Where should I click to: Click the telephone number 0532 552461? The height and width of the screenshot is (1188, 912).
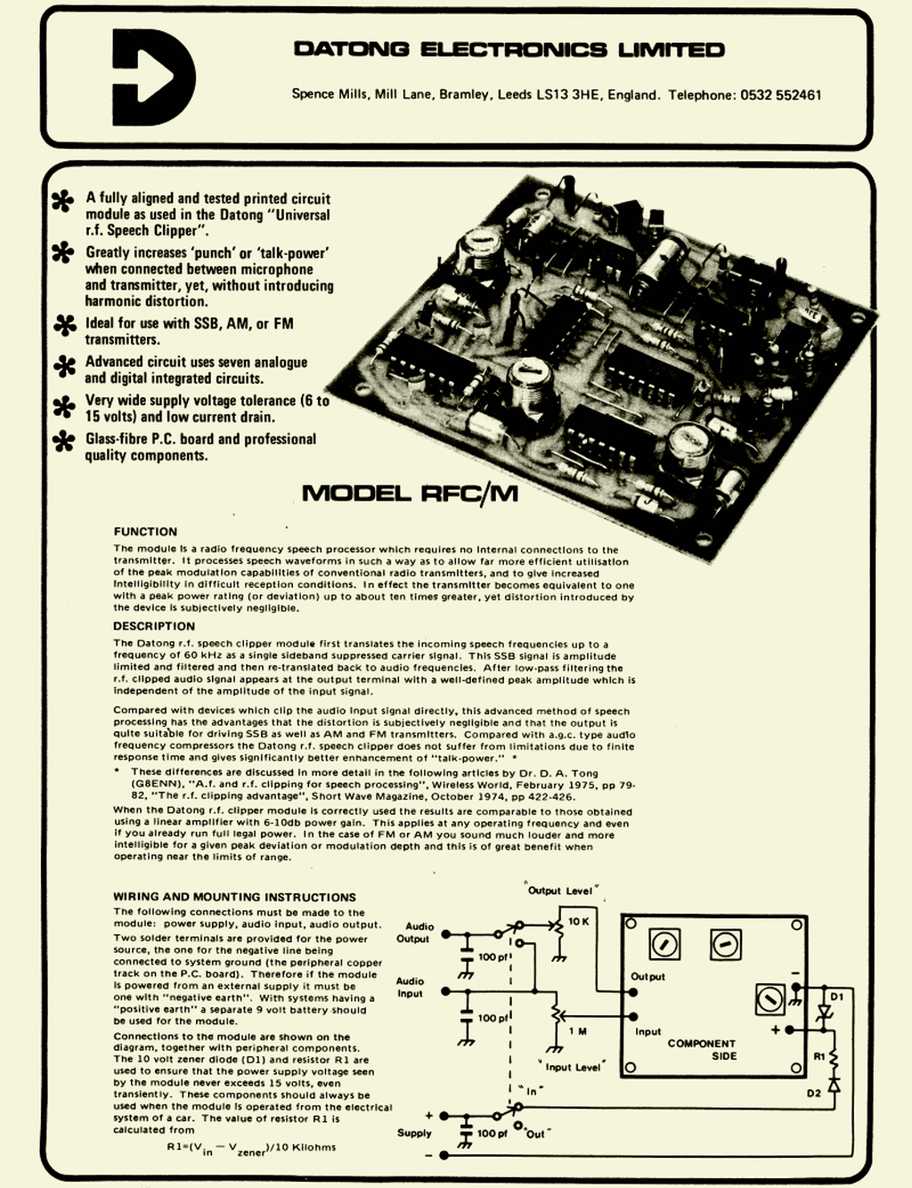[780, 94]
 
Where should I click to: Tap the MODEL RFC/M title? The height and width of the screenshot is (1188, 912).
[410, 492]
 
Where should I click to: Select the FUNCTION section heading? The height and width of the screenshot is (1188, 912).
[145, 532]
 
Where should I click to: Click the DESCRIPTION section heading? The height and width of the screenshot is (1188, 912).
[154, 626]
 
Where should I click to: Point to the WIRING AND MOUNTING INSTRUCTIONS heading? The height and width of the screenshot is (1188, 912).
[234, 897]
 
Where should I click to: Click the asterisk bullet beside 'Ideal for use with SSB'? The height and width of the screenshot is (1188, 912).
[65, 325]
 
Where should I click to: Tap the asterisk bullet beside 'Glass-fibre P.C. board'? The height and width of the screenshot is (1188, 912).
[64, 441]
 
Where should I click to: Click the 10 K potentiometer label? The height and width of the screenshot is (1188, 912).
[578, 922]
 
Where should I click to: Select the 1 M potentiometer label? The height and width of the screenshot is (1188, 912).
[578, 1031]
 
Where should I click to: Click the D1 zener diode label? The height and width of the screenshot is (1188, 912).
[837, 997]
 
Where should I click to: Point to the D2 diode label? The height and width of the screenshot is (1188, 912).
[813, 1093]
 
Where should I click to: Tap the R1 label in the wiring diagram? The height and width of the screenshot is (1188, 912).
[819, 1056]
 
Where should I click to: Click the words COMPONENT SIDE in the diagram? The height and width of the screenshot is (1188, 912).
[702, 1049]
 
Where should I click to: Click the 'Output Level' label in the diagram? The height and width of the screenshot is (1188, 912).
[560, 891]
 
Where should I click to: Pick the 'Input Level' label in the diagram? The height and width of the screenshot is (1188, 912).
[573, 1067]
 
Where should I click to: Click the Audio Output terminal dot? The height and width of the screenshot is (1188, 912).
[444, 934]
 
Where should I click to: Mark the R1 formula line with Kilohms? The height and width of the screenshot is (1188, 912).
[251, 1148]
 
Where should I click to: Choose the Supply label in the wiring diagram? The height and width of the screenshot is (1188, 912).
[414, 1133]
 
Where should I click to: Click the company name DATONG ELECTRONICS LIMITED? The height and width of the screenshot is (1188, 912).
[509, 50]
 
